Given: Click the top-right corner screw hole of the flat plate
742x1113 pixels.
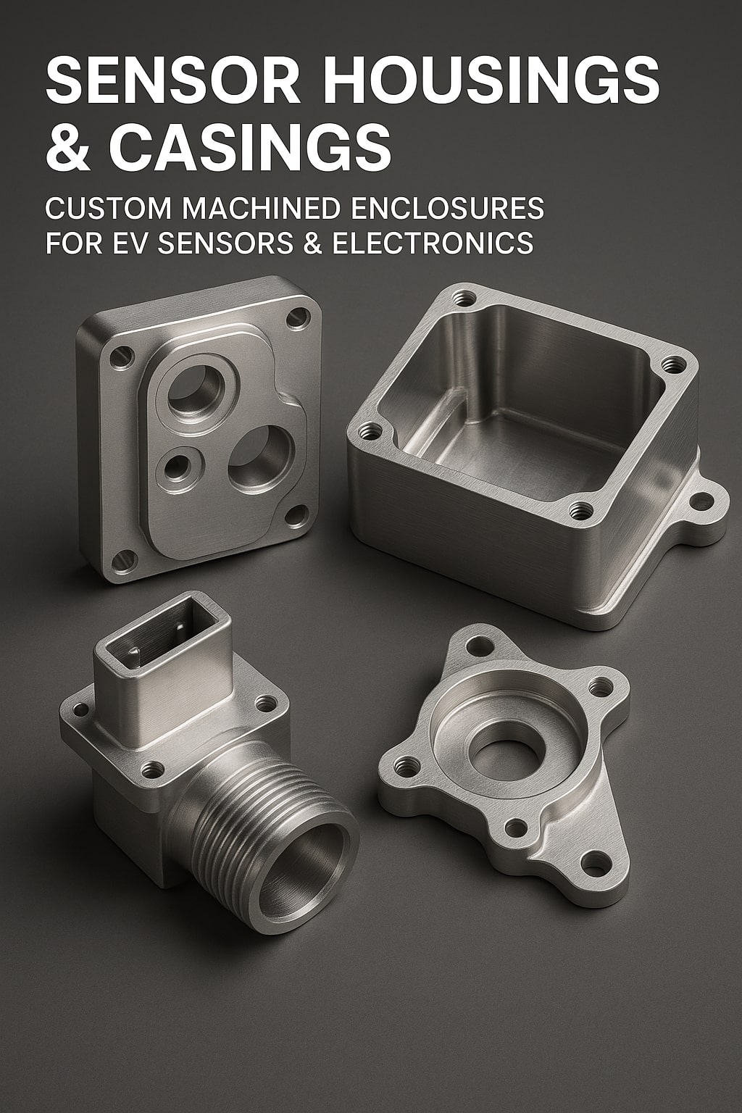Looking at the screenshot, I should [x=296, y=317].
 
